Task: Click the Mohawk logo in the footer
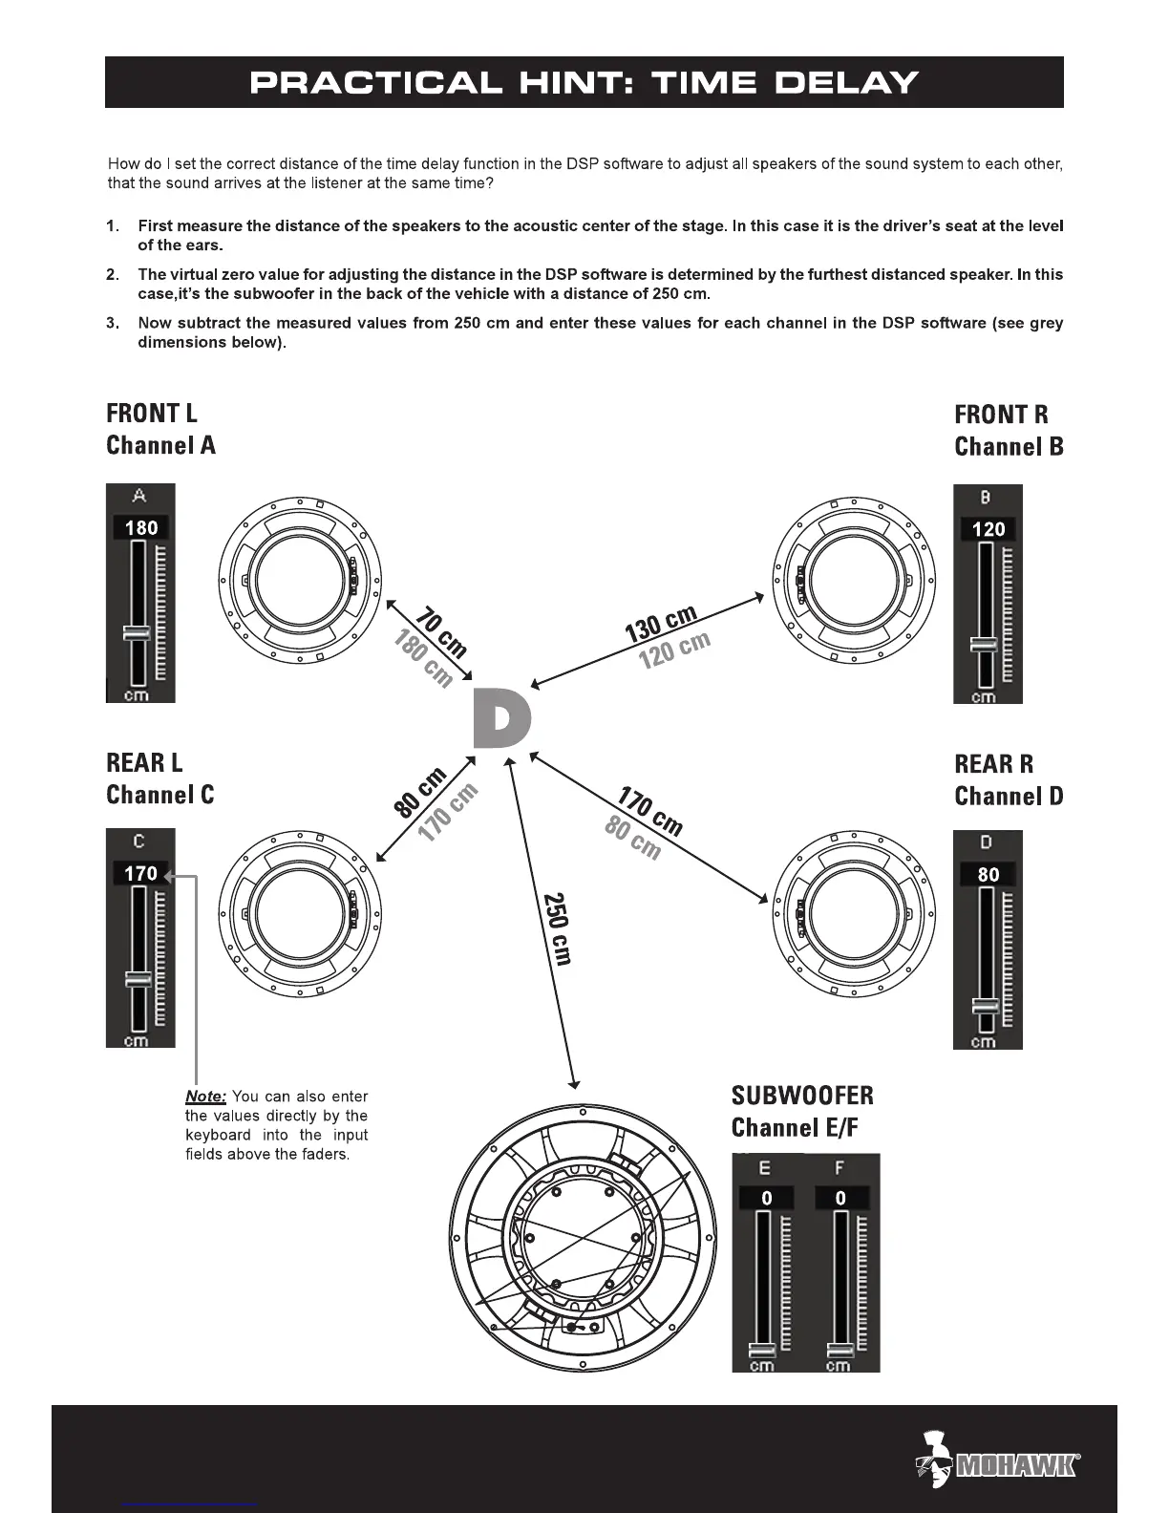(998, 1459)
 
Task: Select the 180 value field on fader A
(141, 527)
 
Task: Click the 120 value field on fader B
(988, 529)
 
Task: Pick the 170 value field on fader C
(140, 873)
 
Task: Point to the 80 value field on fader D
(988, 874)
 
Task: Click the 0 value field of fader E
(766, 1198)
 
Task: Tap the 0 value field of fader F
(840, 1198)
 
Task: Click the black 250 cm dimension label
(557, 929)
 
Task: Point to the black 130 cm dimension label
(661, 624)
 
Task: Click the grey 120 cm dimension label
(675, 650)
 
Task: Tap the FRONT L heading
(152, 414)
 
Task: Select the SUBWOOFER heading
(802, 1096)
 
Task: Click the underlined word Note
(205, 1097)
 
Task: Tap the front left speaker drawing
(300, 580)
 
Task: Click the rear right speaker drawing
(853, 911)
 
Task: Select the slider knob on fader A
(137, 632)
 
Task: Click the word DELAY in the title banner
(846, 83)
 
